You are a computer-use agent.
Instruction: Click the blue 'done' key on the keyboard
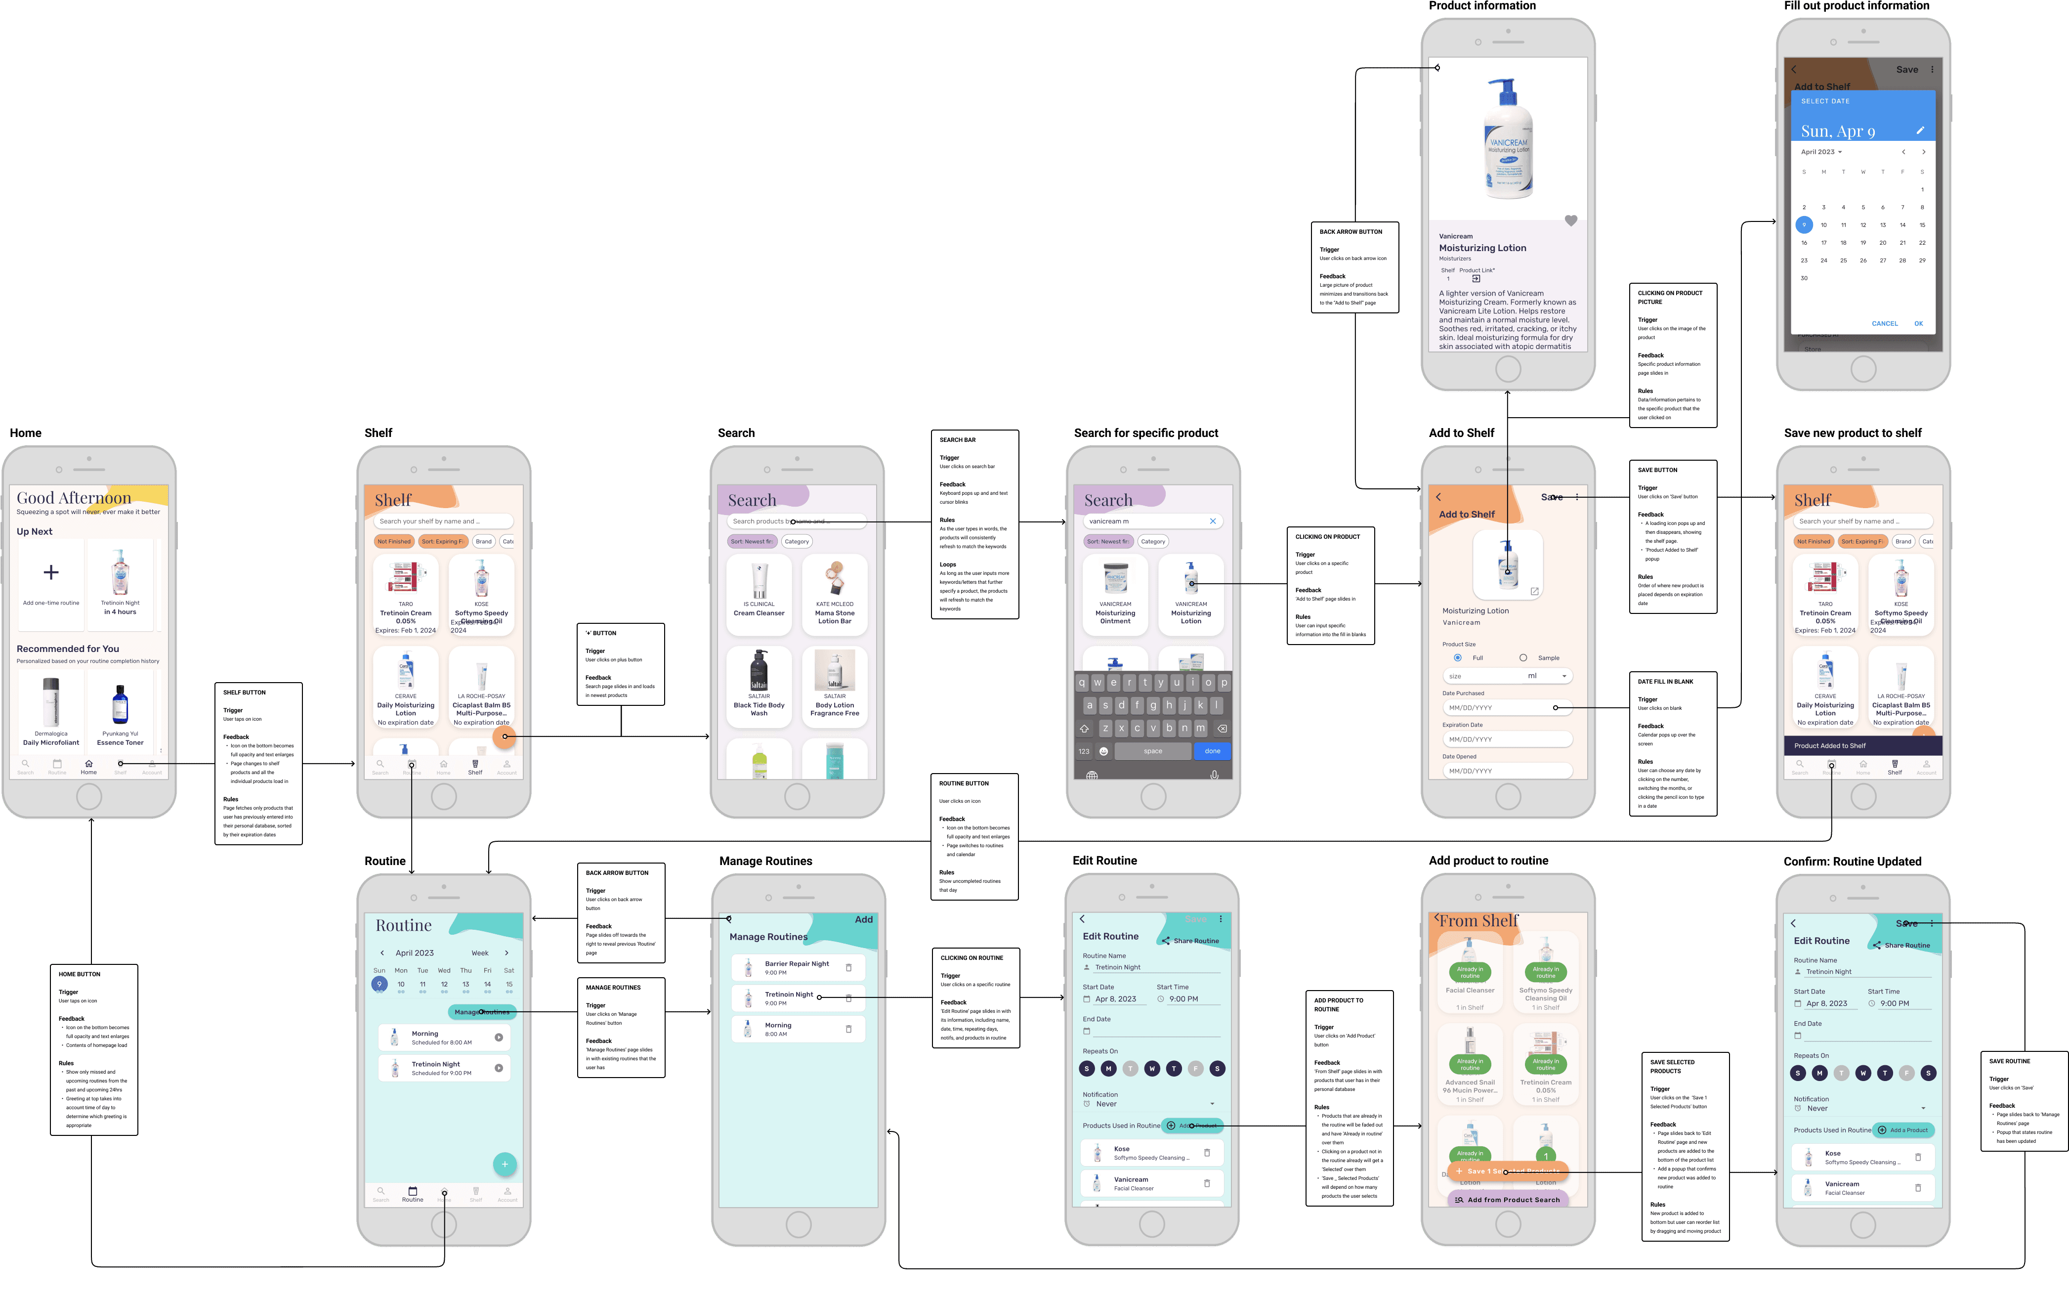1212,751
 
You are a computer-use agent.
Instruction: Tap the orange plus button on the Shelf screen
505,737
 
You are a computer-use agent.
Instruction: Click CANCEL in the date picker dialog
1884,324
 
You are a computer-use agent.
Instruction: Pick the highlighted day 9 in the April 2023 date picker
1804,225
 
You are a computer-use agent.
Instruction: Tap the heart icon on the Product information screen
1571,221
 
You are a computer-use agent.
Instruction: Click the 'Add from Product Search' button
1508,1200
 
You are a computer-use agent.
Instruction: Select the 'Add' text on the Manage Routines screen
863,919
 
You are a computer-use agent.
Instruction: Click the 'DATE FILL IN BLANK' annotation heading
1665,682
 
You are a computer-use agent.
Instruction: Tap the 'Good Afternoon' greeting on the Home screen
74,498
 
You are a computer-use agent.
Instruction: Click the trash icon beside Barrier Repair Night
849,967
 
